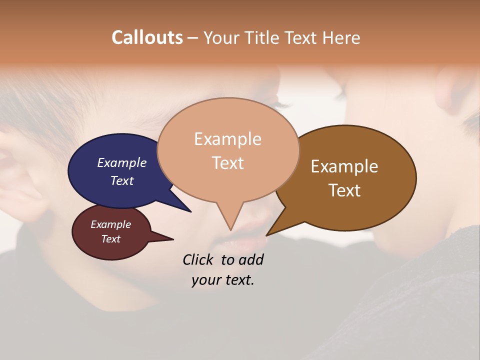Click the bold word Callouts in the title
tap(147, 37)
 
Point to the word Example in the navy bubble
tap(122, 162)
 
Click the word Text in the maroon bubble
tap(111, 239)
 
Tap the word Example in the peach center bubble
tap(227, 139)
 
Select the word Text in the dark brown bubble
tap(344, 190)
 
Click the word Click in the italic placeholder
tap(198, 259)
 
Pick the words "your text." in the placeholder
tap(223, 280)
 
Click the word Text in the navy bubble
tap(122, 180)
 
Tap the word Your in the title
tap(220, 37)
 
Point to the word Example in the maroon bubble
tap(111, 224)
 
